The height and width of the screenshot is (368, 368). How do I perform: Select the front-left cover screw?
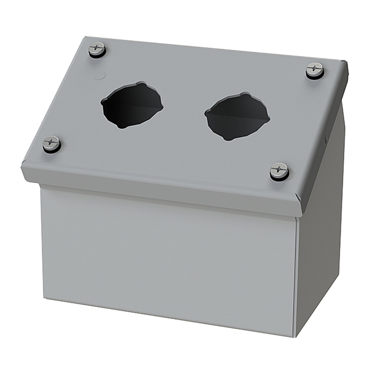click(x=51, y=144)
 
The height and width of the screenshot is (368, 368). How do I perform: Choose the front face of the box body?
click(x=169, y=262)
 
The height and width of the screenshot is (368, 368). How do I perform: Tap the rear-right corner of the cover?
click(x=346, y=62)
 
